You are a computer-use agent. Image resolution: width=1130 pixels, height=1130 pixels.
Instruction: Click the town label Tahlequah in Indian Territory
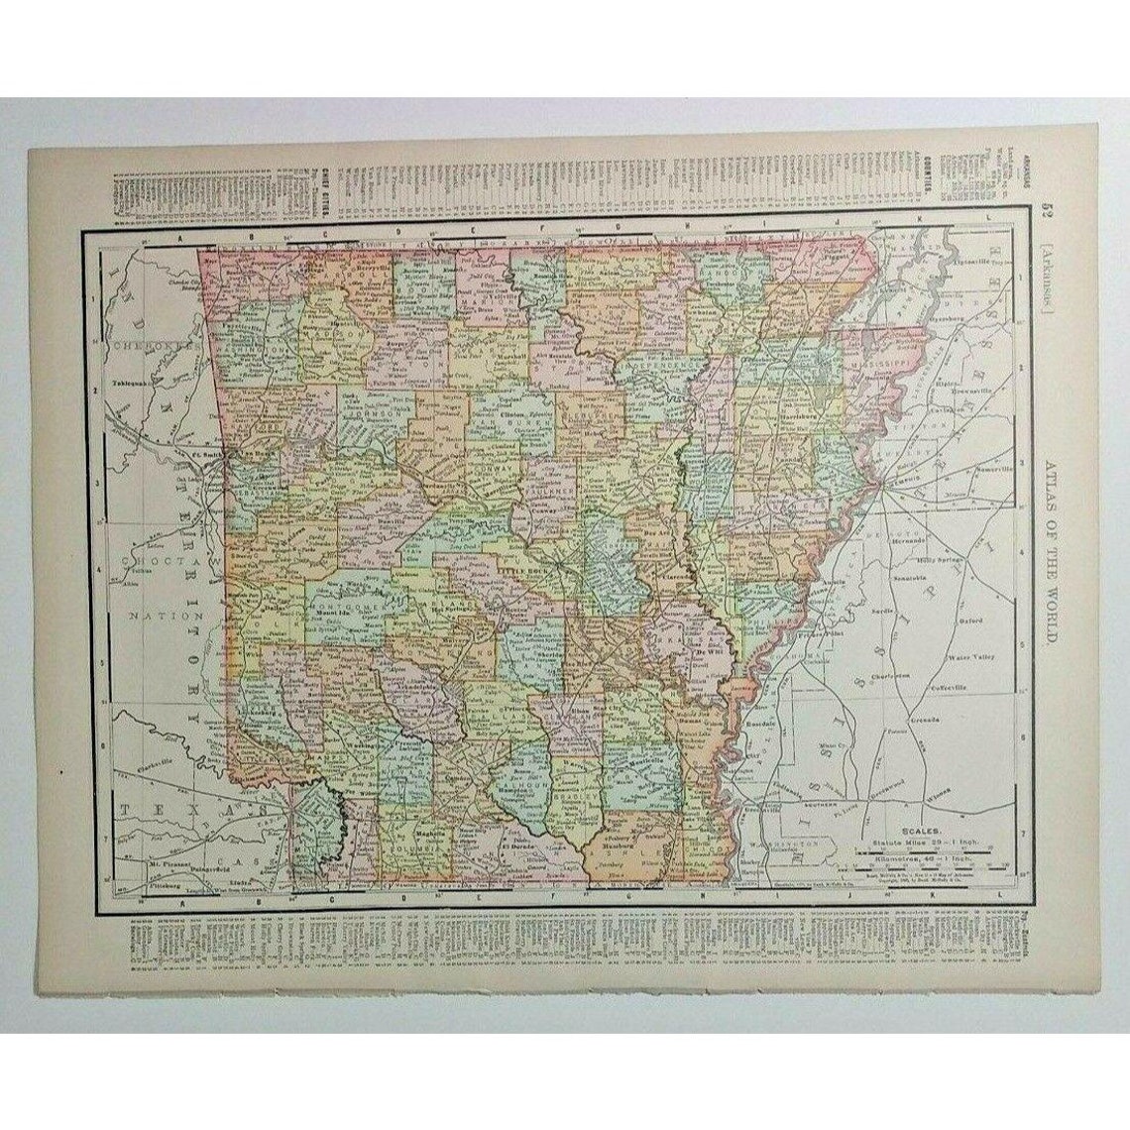(131, 381)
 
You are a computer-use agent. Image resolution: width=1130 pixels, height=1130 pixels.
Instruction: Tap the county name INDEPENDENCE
(658, 365)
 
